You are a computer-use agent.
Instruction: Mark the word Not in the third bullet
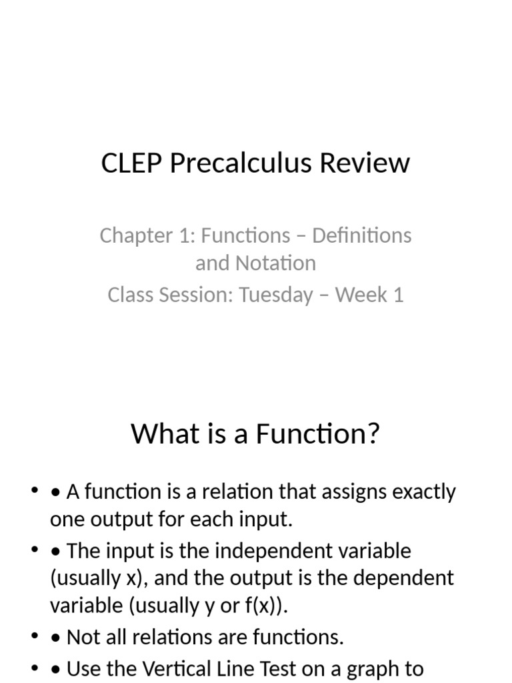pos(82,637)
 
